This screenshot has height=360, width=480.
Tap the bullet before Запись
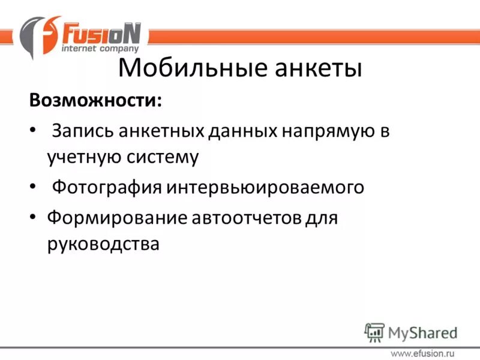coord(32,131)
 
